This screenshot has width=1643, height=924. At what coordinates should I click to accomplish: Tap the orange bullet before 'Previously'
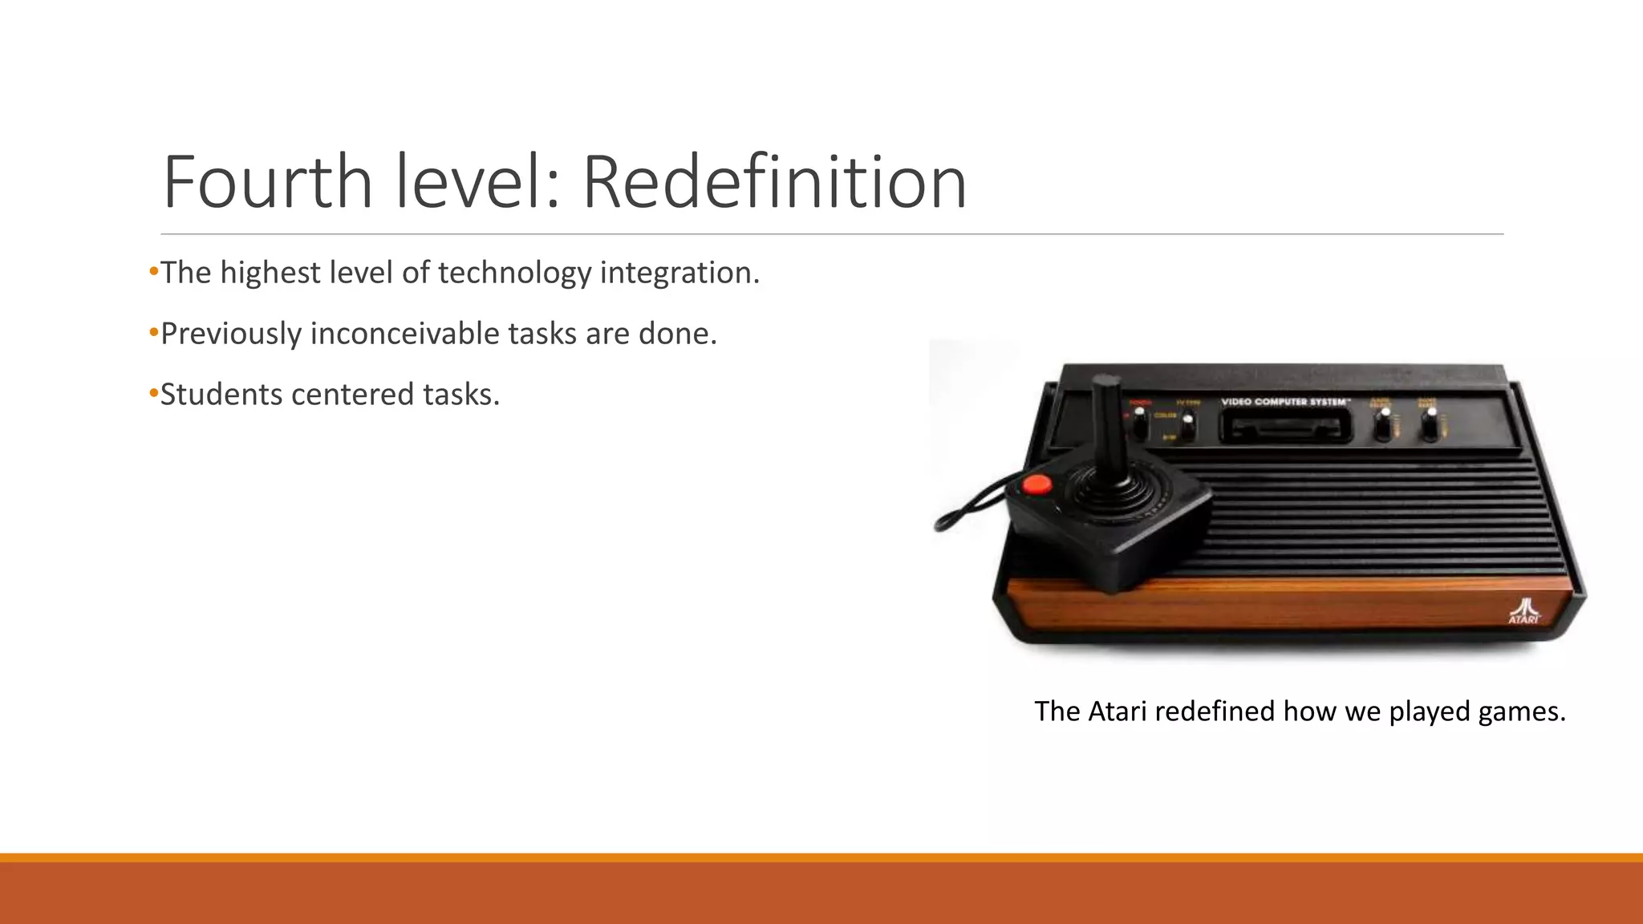click(154, 333)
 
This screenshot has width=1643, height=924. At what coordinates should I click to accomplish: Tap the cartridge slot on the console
click(1286, 431)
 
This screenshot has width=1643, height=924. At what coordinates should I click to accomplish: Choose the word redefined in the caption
click(1215, 711)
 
